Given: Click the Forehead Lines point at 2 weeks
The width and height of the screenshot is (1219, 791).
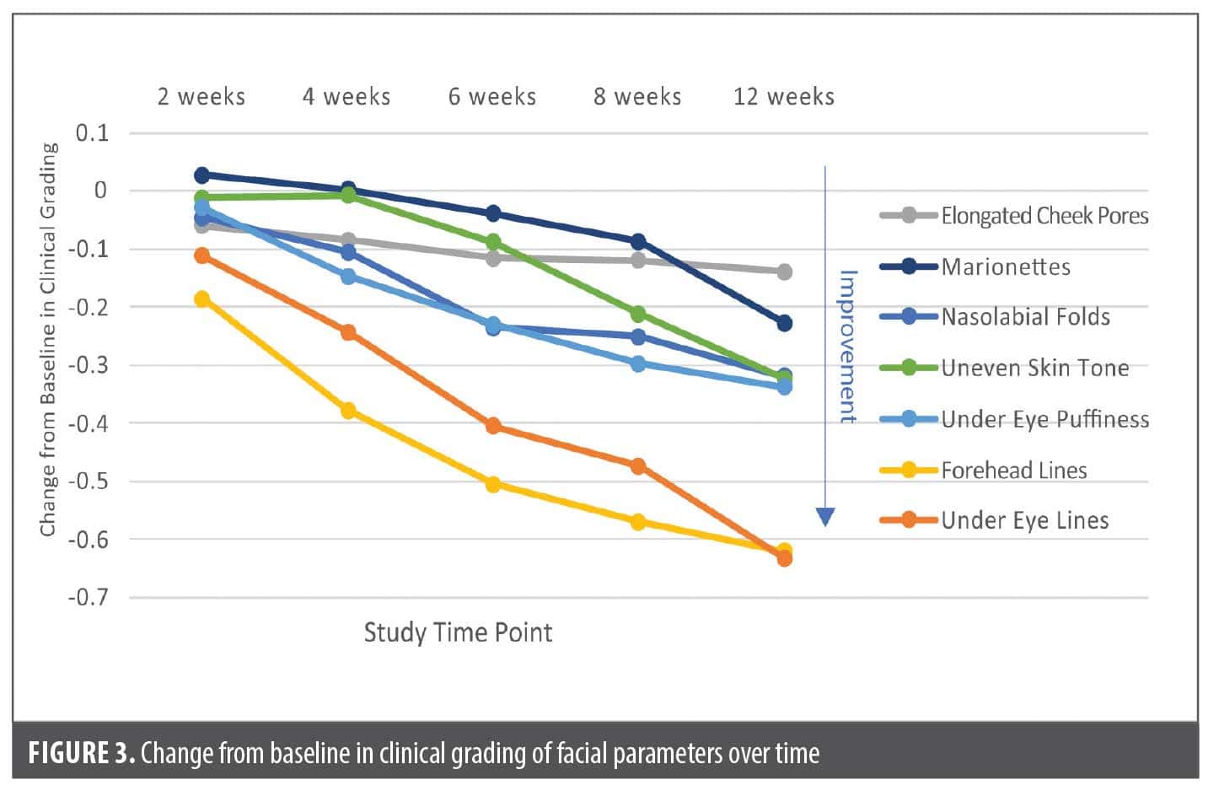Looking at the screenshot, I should point(201,299).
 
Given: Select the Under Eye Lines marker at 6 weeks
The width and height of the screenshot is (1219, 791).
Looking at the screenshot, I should point(493,426).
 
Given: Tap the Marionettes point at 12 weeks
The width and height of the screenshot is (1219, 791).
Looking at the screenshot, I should point(784,323).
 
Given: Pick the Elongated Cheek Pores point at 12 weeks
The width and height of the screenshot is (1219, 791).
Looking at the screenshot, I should point(784,272).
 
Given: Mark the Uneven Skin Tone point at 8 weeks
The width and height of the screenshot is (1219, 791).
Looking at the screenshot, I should point(638,315).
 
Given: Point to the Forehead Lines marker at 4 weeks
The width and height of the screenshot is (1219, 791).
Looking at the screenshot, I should point(348,411).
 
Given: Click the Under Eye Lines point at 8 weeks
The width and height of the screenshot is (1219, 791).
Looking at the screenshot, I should point(638,466).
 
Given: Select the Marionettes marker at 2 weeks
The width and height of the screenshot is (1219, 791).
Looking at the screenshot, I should point(201,175).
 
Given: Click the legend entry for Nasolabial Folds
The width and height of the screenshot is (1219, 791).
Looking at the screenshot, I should point(1025,317).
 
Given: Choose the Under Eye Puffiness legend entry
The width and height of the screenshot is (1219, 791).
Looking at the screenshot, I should point(1044,419).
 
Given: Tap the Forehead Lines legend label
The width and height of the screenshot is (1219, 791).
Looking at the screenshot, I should point(1013,470).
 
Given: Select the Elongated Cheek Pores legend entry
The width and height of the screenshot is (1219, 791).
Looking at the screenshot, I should point(1044,216).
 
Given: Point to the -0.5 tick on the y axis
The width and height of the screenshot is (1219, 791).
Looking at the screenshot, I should point(89,482).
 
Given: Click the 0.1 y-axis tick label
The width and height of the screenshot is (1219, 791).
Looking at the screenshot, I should point(92,133).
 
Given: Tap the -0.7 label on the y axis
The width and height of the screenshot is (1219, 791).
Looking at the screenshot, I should point(89,598).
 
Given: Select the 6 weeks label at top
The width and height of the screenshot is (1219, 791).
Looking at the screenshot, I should point(492,97).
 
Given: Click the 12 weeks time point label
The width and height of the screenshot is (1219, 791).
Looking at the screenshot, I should point(784,97).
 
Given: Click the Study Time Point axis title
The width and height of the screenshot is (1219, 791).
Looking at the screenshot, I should point(458,632).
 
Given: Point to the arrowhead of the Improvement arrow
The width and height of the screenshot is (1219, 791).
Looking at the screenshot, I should point(825,517).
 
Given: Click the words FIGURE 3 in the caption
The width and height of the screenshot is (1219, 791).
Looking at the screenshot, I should point(81,752).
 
